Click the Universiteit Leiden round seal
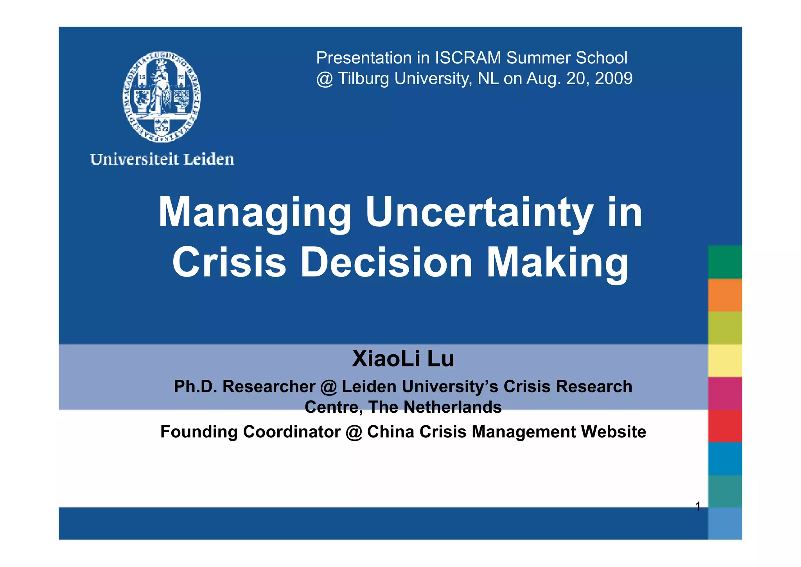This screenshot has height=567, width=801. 162,96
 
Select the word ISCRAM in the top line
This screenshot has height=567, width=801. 468,58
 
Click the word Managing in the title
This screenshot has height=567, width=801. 255,213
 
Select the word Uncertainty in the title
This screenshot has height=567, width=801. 480,213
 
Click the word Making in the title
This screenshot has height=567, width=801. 557,263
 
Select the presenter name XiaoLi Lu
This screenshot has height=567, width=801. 403,358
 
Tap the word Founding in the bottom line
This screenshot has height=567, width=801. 199,432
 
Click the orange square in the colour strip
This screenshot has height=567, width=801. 725,295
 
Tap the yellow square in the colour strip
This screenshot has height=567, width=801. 725,361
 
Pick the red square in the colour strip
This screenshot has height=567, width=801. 725,426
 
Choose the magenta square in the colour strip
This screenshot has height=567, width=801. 725,394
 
